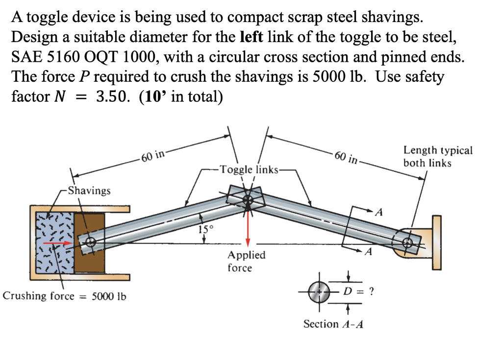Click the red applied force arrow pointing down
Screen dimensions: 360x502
(x=249, y=228)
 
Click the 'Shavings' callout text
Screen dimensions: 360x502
(x=89, y=190)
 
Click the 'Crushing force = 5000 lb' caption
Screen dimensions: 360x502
(x=64, y=296)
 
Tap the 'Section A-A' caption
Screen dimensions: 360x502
(x=333, y=324)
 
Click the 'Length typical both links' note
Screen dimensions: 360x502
(x=438, y=156)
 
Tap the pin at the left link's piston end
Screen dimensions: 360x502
(x=90, y=242)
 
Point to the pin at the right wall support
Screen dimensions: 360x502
(x=407, y=241)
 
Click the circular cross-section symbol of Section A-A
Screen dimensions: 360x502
(x=319, y=292)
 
